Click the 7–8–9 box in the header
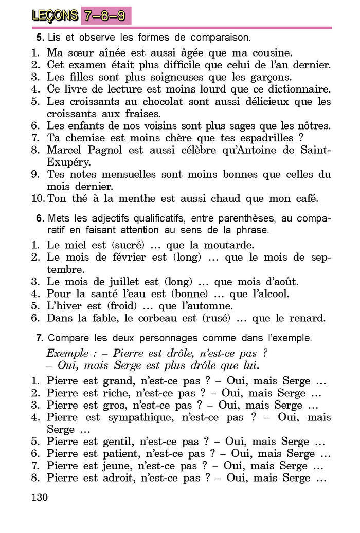[x=105, y=15]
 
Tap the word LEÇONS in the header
[x=55, y=16]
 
